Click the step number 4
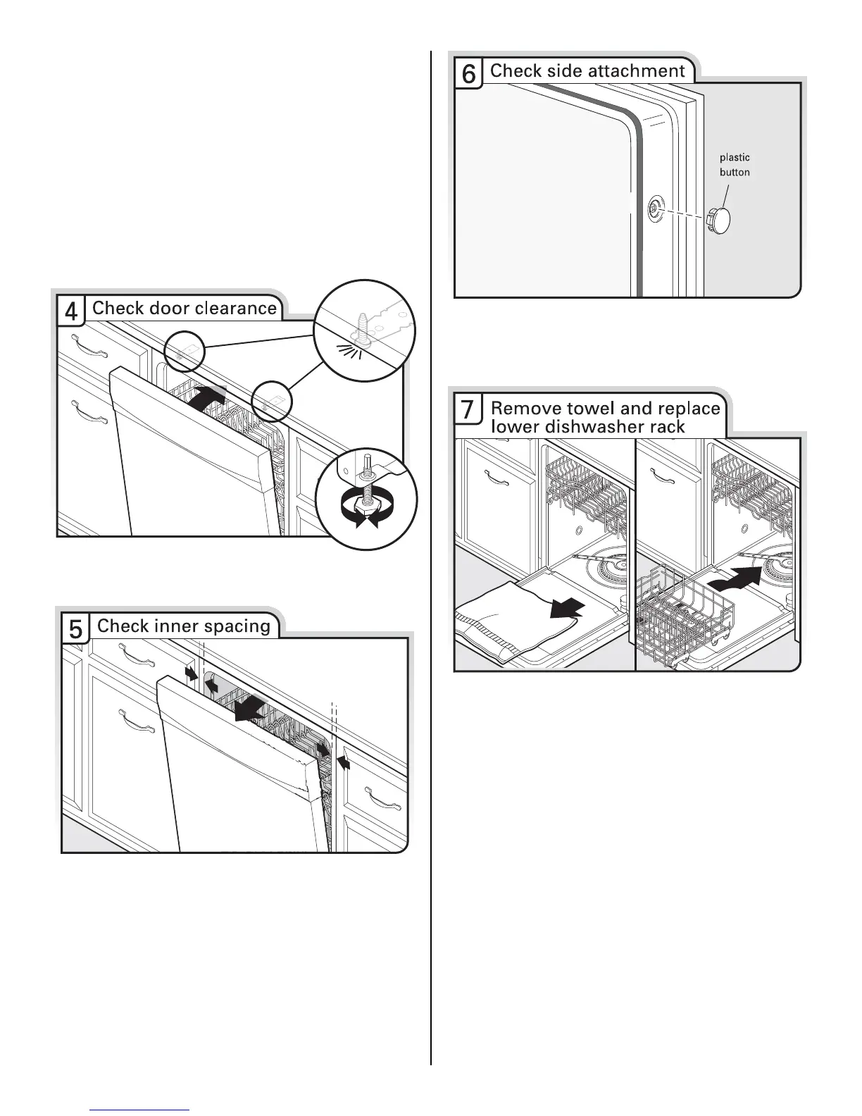coord(71,311)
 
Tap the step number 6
coord(468,74)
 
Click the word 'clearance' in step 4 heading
coord(235,308)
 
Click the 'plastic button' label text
coord(735,165)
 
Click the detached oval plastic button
coord(718,221)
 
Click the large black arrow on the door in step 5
coord(251,709)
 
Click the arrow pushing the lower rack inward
coord(734,581)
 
